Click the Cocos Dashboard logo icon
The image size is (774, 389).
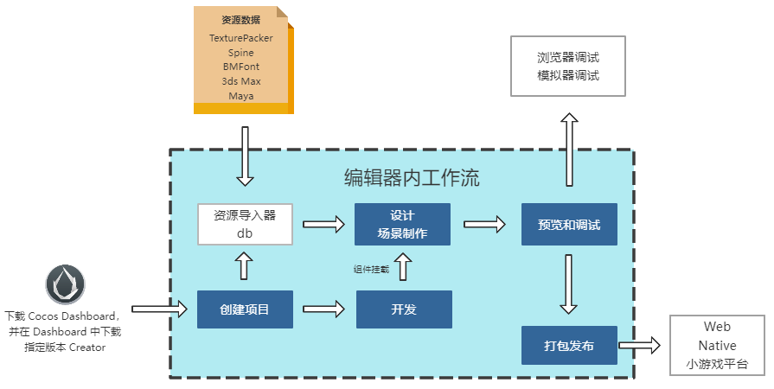66,284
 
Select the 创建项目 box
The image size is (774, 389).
245,309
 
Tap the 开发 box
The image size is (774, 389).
404,309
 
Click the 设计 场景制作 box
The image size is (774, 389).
402,225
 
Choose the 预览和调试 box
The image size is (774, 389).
568,225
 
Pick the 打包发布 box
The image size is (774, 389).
568,346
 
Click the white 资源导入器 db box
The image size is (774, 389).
245,225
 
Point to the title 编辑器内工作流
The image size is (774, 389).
412,179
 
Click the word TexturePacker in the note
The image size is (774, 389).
241,39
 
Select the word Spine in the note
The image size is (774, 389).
241,53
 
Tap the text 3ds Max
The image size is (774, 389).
241,81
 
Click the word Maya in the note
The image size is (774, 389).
241,96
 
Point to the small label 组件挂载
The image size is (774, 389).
371,270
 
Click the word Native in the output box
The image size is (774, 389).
717,346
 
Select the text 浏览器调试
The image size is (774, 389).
567,58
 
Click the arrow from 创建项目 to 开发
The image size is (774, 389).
323,308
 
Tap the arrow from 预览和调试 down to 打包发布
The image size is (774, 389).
568,284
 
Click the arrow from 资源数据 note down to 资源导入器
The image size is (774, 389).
246,156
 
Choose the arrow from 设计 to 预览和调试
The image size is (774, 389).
484,224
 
